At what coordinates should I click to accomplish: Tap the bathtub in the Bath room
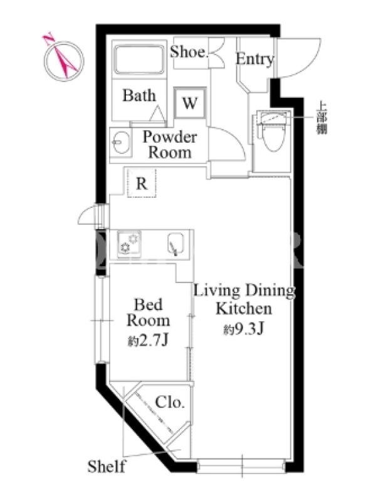pos(139,59)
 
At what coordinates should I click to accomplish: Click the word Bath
pos(139,95)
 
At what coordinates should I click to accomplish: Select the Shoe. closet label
pos(189,52)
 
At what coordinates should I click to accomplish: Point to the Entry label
pos(255,59)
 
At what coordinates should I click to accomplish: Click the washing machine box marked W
pos(190,103)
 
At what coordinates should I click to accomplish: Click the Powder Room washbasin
pos(122,142)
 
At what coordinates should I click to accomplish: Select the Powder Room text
pos(170,145)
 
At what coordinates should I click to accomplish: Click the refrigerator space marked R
pos(142,183)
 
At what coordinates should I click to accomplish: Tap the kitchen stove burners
pos(129,244)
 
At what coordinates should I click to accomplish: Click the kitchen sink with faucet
pos(175,244)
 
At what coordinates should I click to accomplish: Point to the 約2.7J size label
pos(148,341)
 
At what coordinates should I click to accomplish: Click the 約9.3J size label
pos(244,329)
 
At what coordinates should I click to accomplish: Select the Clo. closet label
pos(170,403)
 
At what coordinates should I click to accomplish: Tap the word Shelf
pos(106,466)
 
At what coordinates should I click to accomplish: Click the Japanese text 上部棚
pos(321,118)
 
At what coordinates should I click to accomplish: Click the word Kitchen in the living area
pos(244,308)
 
